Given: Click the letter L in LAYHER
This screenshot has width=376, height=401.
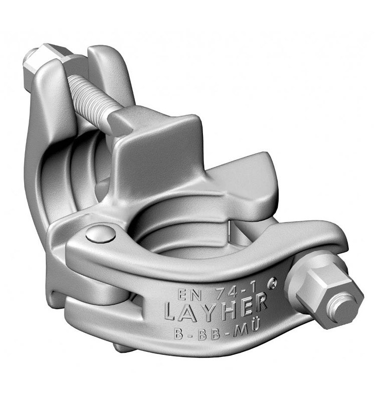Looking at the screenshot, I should click(171, 314).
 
